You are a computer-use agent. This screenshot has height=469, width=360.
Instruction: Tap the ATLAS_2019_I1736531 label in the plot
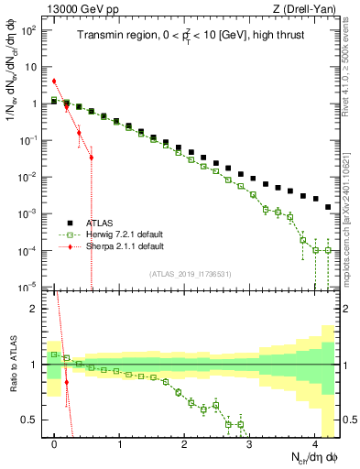[190, 274]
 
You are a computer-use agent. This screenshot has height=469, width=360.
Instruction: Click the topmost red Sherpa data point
[54, 81]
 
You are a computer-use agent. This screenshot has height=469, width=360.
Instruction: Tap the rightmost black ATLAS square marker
[328, 207]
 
